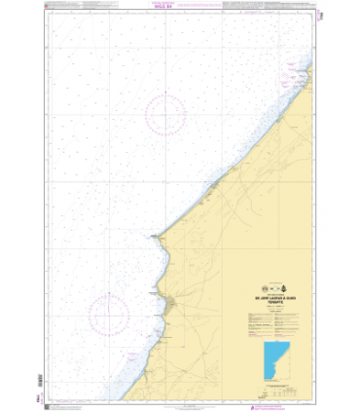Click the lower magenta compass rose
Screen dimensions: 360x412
110,314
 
